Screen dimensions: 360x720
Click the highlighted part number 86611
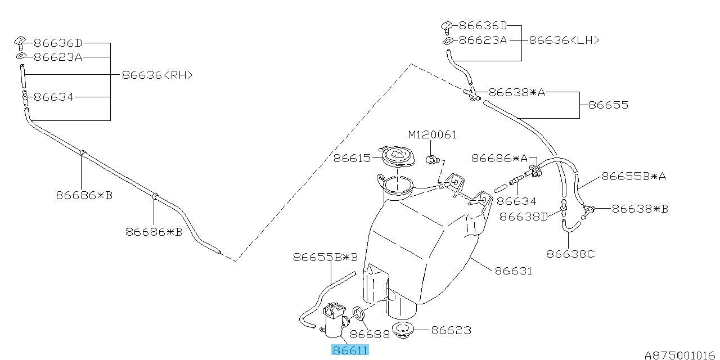pos(350,350)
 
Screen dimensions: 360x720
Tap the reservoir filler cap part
pos(397,157)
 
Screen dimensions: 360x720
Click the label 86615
pos(352,158)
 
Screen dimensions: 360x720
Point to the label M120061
pos(432,135)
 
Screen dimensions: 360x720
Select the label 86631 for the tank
pos(513,271)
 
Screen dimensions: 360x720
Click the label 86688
pos(371,334)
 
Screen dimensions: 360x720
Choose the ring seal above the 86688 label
pos(357,313)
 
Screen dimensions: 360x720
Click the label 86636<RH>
pos(157,74)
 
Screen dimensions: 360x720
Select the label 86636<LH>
pos(564,40)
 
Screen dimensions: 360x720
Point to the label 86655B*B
pos(325,258)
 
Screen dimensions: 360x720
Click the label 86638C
pos(570,254)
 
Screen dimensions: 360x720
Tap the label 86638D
pos(523,216)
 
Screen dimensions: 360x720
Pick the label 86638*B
pos(640,209)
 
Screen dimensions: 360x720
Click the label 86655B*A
pos(634,176)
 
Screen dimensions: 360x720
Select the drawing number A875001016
pos(681,355)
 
